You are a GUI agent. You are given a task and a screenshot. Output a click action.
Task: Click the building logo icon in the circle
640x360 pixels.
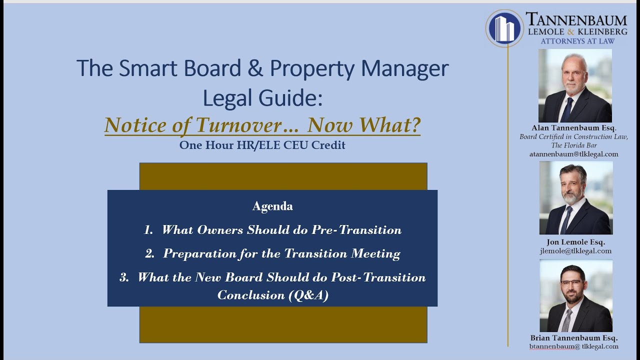(x=504, y=28)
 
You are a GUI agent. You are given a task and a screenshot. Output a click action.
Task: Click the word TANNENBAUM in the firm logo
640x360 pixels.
(x=576, y=19)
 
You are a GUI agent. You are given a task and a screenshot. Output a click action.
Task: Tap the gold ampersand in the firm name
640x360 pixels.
(x=570, y=31)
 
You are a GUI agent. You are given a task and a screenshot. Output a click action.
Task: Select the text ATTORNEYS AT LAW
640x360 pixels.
(x=577, y=41)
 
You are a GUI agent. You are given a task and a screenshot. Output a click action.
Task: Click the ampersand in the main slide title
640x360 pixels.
(x=255, y=68)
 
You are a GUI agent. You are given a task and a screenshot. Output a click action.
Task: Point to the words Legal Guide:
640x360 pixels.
(x=262, y=97)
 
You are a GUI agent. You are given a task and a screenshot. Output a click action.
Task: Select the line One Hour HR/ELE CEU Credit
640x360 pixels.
(x=262, y=145)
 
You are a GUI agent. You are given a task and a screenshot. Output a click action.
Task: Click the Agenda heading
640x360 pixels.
(x=272, y=206)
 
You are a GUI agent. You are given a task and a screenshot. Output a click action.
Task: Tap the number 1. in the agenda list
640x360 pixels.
(x=148, y=229)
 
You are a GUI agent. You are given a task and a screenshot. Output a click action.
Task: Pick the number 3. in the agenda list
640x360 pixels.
(x=124, y=277)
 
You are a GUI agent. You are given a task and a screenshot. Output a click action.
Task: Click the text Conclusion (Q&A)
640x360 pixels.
(x=273, y=295)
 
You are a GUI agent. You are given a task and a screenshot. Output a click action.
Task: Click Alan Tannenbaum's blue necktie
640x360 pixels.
(x=567, y=109)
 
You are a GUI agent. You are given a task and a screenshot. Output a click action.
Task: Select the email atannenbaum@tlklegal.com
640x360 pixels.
(x=573, y=154)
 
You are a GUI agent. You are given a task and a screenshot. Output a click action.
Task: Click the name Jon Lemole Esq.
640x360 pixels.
(x=575, y=242)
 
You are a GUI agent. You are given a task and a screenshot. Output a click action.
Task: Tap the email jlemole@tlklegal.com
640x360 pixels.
(x=575, y=251)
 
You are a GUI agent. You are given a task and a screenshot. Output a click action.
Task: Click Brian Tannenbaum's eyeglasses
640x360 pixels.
(x=571, y=283)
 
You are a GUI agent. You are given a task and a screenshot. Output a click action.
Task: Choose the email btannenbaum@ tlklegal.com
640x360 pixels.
(x=573, y=346)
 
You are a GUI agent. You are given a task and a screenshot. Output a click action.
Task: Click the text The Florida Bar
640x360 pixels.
(x=574, y=145)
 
